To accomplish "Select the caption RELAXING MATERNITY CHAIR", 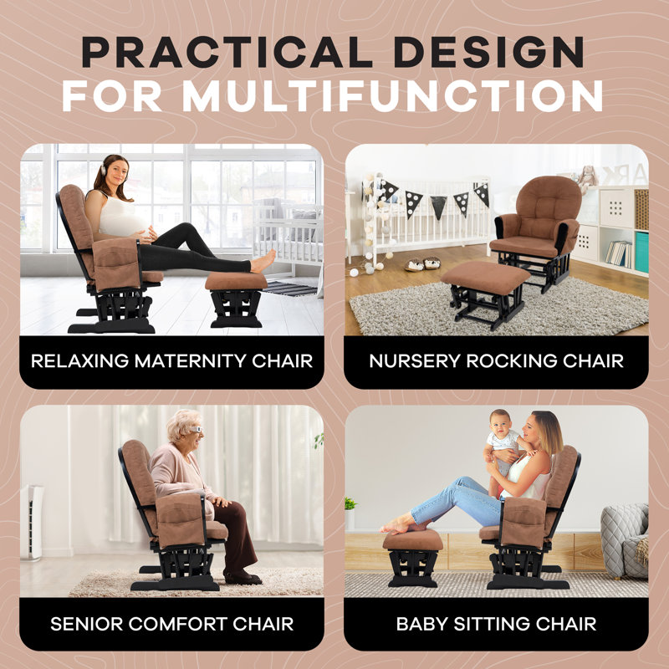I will tap(171, 361).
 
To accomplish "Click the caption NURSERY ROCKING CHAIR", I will tap(496, 361).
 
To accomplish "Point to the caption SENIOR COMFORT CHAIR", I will tap(171, 624).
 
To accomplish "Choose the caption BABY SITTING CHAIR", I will tap(496, 624).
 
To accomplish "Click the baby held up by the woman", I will tap(505, 443).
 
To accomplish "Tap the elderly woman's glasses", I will tap(195, 430).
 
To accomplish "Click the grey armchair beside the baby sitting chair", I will tap(625, 539).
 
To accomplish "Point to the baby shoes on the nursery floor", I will tap(422, 263).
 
